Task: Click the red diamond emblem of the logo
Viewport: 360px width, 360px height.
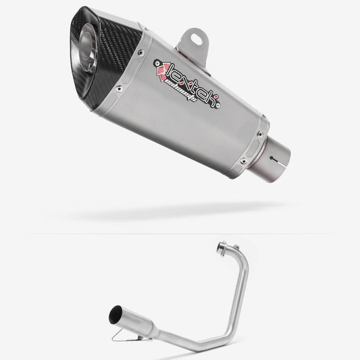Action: pyautogui.click(x=159, y=66)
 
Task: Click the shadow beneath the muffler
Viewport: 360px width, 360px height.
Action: pyautogui.click(x=169, y=215)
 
